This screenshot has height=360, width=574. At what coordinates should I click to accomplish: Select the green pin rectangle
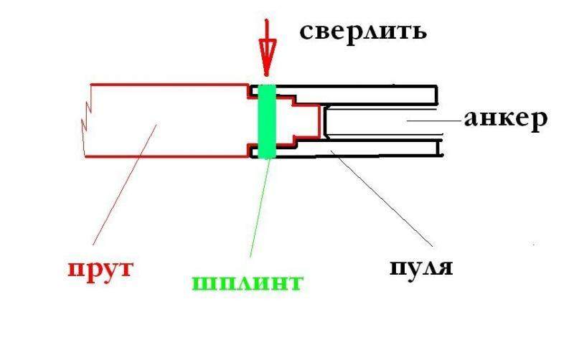click(266, 120)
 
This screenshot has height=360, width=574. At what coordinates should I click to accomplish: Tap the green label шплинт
click(246, 281)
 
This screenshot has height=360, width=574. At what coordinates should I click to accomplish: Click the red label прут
click(101, 270)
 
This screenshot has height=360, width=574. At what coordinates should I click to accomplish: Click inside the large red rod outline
click(165, 120)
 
